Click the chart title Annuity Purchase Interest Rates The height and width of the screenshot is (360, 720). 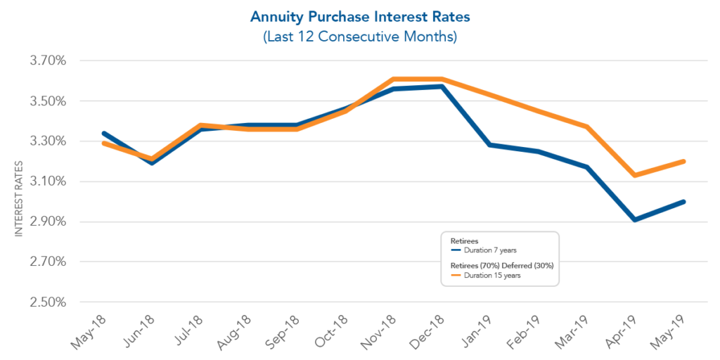pyautogui.click(x=360, y=15)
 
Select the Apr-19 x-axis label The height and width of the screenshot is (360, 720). pyautogui.click(x=624, y=330)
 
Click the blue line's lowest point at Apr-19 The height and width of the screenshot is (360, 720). pyautogui.click(x=636, y=220)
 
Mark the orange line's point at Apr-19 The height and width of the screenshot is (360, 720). pyautogui.click(x=636, y=175)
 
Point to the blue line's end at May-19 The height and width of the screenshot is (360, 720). pyautogui.click(x=684, y=202)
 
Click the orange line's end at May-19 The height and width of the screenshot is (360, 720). pyautogui.click(x=684, y=162)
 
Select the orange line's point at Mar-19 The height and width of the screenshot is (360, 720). pyautogui.click(x=587, y=127)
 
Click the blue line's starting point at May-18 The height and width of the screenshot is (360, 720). pyautogui.click(x=104, y=134)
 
